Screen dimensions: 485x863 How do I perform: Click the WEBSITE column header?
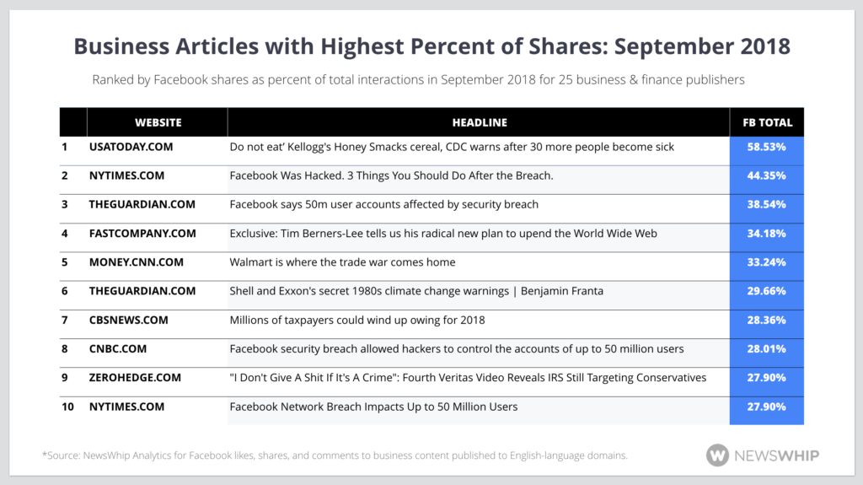(158, 122)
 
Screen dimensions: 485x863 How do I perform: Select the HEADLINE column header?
(479, 122)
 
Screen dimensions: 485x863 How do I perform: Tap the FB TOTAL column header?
(767, 122)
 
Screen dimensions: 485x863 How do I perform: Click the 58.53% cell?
(767, 147)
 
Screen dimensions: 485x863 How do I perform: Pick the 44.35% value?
(767, 175)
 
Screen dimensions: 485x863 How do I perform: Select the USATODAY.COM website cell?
(131, 147)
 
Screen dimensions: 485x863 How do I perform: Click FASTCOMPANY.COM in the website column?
(142, 233)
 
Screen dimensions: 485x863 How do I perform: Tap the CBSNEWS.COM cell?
(128, 320)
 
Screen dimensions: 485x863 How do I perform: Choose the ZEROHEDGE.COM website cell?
(135, 377)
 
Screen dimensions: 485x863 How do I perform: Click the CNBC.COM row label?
(117, 348)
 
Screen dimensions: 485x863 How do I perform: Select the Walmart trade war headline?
(342, 262)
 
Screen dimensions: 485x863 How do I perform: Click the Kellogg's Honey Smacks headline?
(452, 147)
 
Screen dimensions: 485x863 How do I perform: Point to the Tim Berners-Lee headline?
(443, 233)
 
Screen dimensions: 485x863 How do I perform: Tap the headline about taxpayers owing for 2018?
(357, 320)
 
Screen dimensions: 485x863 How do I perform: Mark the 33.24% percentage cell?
(767, 262)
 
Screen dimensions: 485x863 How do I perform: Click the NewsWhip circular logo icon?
(717, 455)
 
